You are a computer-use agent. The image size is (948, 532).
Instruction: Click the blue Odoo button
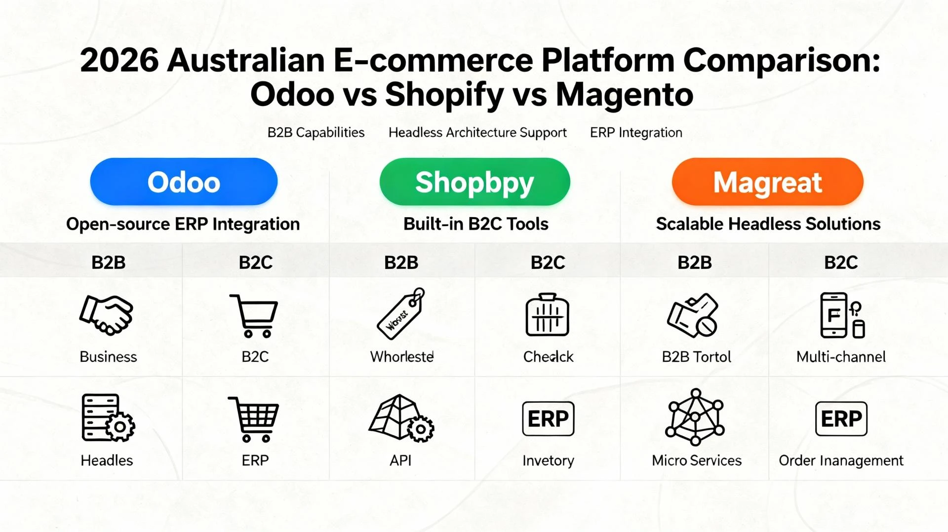click(184, 182)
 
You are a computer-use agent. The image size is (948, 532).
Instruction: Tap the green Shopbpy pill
click(474, 182)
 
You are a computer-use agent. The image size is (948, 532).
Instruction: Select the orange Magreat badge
click(767, 182)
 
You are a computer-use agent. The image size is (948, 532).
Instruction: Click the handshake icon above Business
click(106, 315)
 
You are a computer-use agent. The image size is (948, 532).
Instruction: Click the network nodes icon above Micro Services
click(695, 418)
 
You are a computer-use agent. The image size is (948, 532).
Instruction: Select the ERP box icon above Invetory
click(548, 418)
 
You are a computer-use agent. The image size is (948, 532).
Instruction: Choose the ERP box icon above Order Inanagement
click(841, 418)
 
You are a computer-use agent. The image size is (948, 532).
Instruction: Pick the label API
click(400, 460)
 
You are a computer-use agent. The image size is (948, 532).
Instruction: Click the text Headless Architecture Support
click(477, 133)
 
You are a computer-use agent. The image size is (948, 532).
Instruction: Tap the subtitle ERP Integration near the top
click(636, 133)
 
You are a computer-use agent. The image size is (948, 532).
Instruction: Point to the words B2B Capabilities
click(316, 133)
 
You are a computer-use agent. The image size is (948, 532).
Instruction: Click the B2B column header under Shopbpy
click(401, 262)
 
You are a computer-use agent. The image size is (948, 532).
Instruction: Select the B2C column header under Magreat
click(841, 262)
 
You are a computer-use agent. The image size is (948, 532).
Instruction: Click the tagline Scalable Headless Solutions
click(768, 224)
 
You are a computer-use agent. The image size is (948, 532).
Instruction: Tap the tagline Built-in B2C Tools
click(475, 224)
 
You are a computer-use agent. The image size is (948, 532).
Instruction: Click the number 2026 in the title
click(119, 61)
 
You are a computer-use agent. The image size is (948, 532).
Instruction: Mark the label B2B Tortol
click(696, 357)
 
